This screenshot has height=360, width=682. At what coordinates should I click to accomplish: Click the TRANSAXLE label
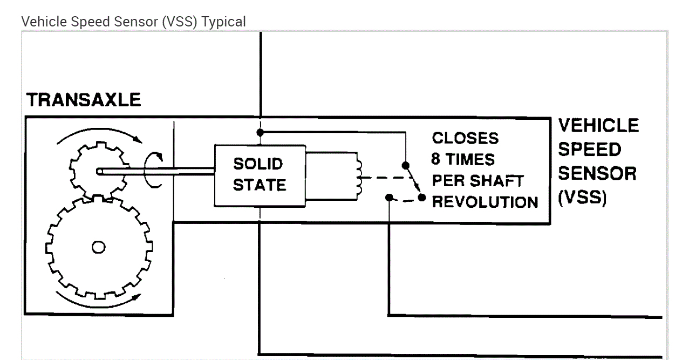pyautogui.click(x=83, y=100)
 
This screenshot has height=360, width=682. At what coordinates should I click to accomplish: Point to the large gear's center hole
pyautogui.click(x=98, y=247)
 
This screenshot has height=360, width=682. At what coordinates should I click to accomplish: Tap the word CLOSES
pyautogui.click(x=465, y=138)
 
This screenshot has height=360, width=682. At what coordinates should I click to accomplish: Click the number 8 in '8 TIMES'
pyautogui.click(x=436, y=160)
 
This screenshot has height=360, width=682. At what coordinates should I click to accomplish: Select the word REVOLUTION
pyautogui.click(x=485, y=202)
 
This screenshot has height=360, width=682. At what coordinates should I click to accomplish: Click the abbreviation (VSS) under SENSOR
pyautogui.click(x=583, y=197)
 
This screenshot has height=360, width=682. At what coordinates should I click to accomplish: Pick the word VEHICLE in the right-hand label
pyautogui.click(x=598, y=126)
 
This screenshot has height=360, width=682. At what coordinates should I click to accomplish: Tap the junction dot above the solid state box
pyautogui.click(x=260, y=132)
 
